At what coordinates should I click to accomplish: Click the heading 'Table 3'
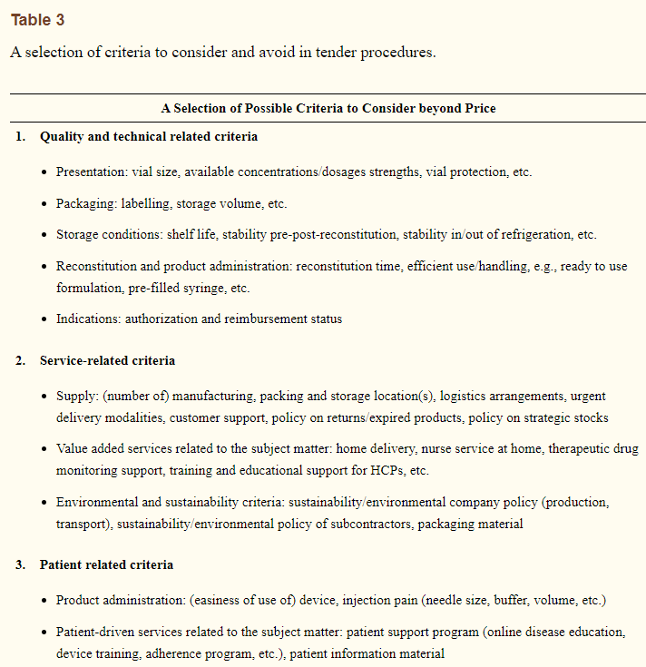click(x=37, y=20)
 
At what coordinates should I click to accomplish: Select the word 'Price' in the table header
click(x=478, y=108)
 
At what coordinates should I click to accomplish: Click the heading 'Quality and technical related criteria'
click(x=148, y=136)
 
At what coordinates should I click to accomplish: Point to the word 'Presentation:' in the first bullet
click(x=89, y=172)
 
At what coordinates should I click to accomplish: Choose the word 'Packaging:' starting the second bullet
click(x=87, y=203)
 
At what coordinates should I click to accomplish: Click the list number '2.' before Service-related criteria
click(x=20, y=360)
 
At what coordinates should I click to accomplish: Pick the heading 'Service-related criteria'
click(x=107, y=360)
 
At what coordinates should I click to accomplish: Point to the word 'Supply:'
click(x=75, y=397)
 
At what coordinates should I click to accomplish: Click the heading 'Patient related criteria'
click(x=106, y=564)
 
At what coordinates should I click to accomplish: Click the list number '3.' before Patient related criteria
click(x=20, y=564)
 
